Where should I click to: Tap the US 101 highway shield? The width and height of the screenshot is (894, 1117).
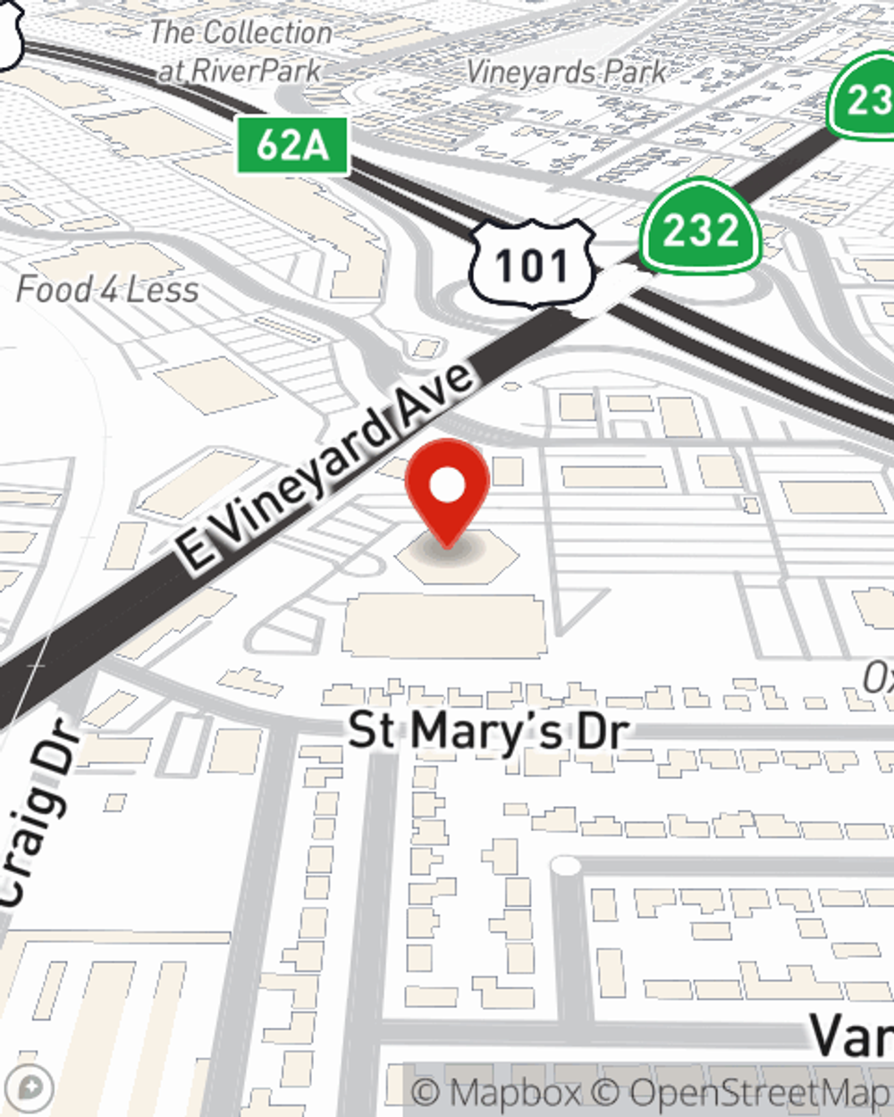533,265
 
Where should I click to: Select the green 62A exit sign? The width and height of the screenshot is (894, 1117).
292,145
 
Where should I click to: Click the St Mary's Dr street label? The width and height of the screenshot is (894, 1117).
488,731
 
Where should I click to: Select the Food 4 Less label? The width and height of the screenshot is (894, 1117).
107,290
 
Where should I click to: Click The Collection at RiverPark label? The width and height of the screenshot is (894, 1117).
240,51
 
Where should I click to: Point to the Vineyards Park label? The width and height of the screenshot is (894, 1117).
567,71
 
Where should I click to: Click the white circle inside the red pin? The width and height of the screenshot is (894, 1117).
447,485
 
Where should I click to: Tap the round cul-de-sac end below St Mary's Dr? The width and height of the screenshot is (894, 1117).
565,865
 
